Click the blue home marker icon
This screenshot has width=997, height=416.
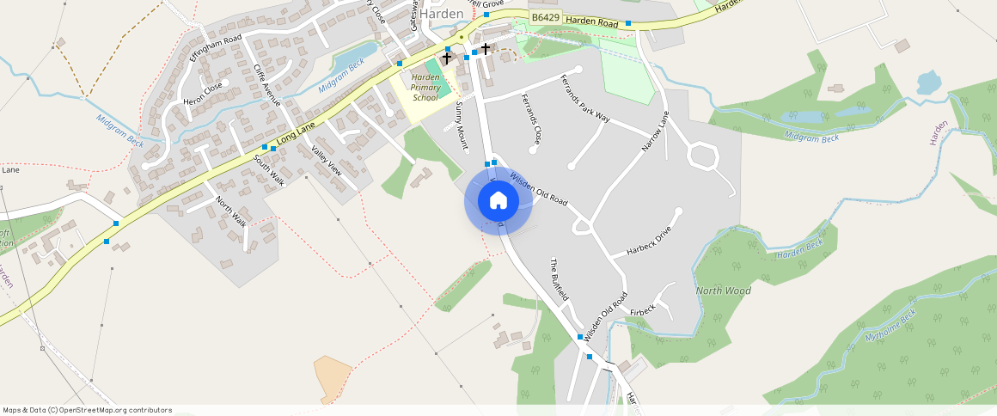click(498, 201)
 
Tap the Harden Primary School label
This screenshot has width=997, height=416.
click(425, 88)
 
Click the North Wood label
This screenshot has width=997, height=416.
click(723, 291)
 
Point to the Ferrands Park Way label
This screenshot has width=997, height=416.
click(584, 99)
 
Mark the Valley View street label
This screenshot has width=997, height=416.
click(327, 161)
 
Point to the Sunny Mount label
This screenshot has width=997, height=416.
click(462, 125)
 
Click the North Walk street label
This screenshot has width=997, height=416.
click(231, 211)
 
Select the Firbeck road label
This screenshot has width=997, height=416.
click(643, 309)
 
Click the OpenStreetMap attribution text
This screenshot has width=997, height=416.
click(87, 410)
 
